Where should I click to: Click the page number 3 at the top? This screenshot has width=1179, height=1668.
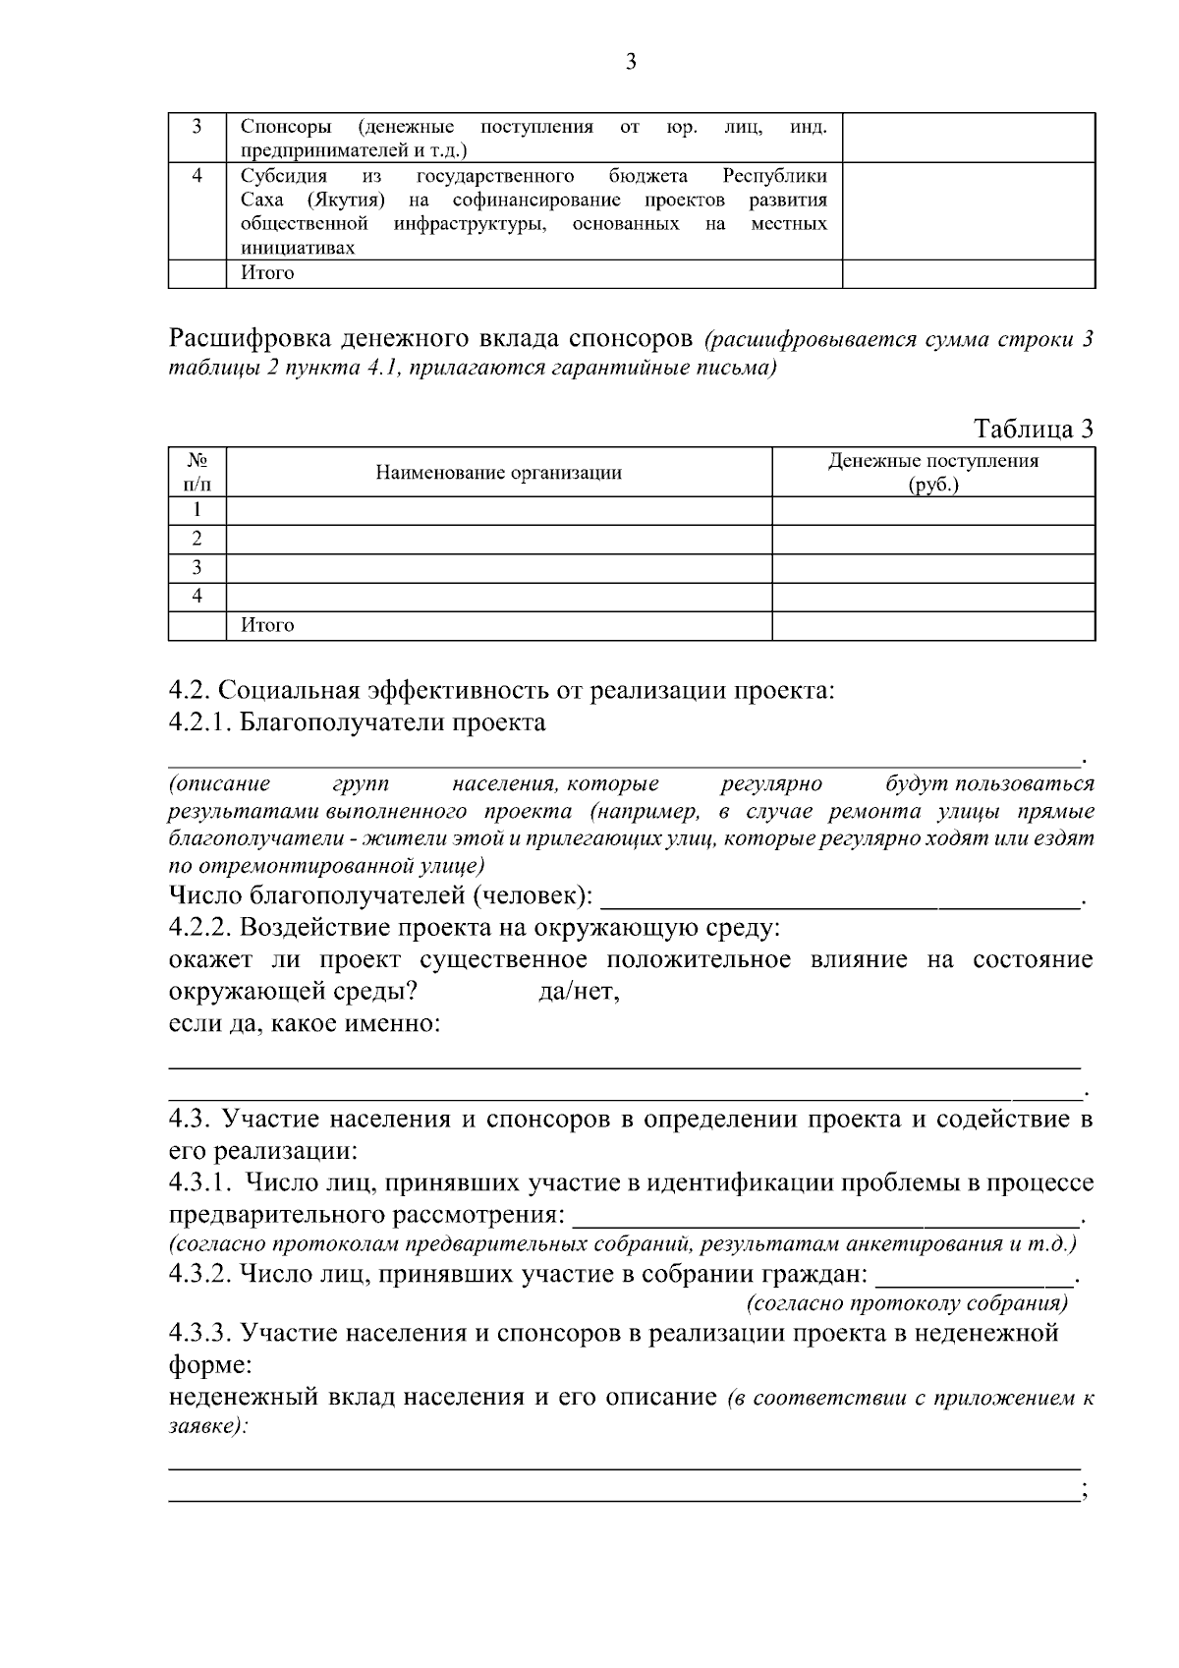click(631, 63)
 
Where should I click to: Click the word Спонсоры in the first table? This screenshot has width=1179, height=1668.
click(286, 127)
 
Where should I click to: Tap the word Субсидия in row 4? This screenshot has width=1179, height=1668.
click(283, 176)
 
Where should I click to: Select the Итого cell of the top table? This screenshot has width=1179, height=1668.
click(267, 273)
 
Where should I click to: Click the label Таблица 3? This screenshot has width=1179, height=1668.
click(1033, 429)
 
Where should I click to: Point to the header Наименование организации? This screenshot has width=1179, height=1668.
click(498, 473)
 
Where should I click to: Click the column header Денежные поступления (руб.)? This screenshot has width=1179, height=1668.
click(932, 473)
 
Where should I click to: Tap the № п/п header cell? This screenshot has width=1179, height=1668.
click(197, 472)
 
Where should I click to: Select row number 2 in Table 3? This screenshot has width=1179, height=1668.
click(197, 539)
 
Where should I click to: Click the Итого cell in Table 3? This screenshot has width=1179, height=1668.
click(267, 625)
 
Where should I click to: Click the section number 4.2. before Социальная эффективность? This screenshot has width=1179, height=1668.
click(190, 691)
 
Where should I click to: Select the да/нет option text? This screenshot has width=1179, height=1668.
click(580, 993)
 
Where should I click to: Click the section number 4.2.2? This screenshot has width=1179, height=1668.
click(199, 928)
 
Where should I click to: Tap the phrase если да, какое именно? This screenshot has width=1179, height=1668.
click(305, 1024)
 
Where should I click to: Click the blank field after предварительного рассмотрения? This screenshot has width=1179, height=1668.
click(825, 1218)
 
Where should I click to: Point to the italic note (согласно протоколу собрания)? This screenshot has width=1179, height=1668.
click(906, 1304)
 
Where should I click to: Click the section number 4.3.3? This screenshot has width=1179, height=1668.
click(199, 1334)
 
